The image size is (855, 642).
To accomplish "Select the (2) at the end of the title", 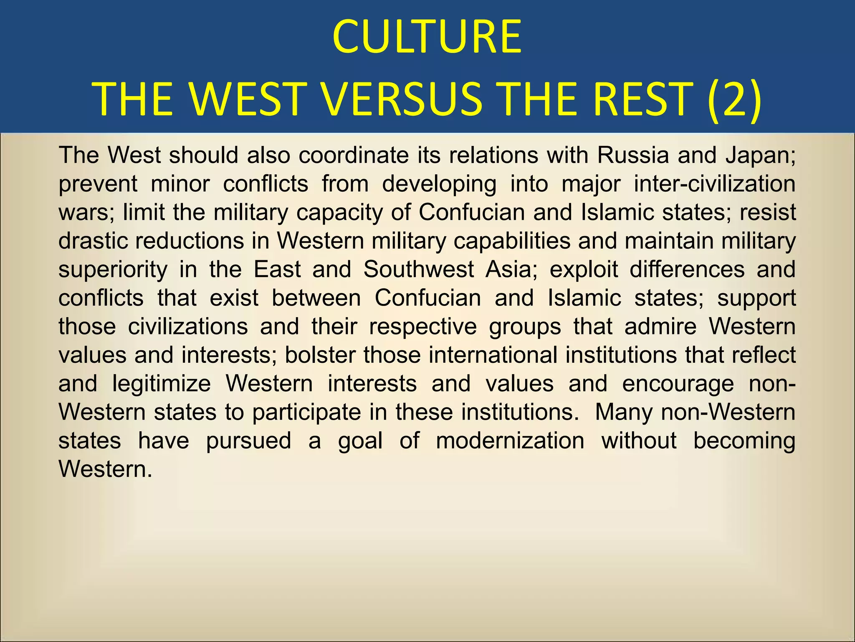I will pos(734,99).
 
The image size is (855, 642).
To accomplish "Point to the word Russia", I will pos(632,155).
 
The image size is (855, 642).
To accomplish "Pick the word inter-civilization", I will pos(714,183).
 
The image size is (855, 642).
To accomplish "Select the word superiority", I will pos(113,269).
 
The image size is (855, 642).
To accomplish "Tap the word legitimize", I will pos(162,383).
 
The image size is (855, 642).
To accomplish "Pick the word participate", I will pos(306,412).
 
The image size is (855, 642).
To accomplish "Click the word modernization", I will pos(510,441).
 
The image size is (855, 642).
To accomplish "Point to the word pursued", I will pos(248,441).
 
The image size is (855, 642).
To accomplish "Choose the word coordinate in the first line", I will pos(354,155).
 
